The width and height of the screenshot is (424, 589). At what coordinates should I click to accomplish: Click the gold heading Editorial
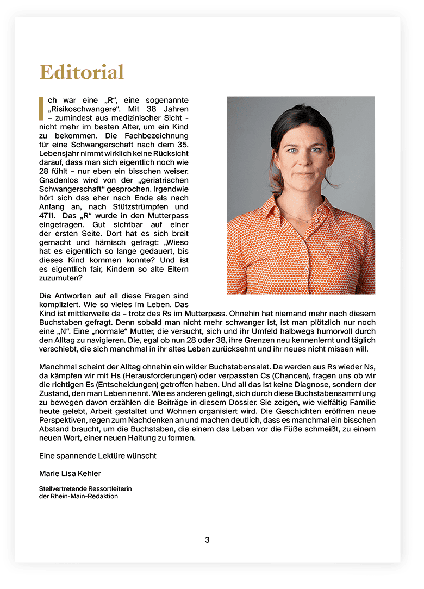(82, 72)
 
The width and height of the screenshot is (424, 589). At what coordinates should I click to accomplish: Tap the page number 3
(207, 540)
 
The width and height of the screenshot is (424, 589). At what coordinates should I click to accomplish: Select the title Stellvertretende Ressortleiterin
(85, 489)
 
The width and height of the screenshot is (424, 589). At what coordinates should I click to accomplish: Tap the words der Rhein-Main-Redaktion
(78, 496)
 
